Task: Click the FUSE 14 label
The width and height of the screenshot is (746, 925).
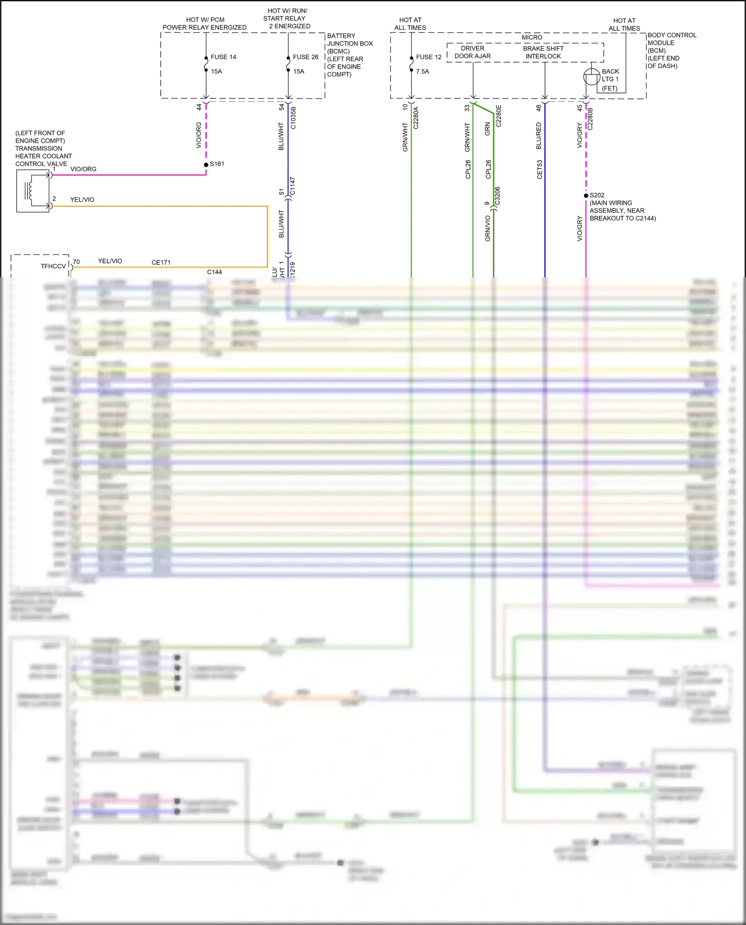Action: [x=223, y=57]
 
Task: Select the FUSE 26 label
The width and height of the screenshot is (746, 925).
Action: [x=305, y=57]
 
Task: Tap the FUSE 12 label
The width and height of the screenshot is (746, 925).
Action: [x=429, y=57]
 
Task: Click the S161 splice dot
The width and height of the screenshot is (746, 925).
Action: [x=206, y=165]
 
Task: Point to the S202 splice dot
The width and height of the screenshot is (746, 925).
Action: [x=586, y=195]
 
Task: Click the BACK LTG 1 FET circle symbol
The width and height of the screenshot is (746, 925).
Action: [x=591, y=77]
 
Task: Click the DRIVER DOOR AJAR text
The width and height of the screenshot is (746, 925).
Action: [x=472, y=52]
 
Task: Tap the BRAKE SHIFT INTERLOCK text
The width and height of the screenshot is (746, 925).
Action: [x=543, y=52]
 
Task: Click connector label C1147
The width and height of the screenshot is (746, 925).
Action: [x=292, y=186]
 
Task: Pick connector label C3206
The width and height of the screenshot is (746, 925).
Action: [x=497, y=196]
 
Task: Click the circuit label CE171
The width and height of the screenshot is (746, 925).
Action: [x=161, y=262]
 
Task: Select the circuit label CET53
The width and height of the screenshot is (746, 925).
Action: [x=540, y=169]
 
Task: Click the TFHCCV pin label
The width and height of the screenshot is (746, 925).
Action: [x=53, y=266]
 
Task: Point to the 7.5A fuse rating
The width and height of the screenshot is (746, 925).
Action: [x=422, y=72]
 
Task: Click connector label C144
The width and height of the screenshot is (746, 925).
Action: [x=214, y=272]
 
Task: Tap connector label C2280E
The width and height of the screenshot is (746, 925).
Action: [x=498, y=116]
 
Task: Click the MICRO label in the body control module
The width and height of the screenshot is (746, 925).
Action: [x=532, y=37]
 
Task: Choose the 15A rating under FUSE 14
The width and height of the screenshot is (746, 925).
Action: [x=216, y=72]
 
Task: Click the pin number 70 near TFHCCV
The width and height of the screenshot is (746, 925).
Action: [x=76, y=261]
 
